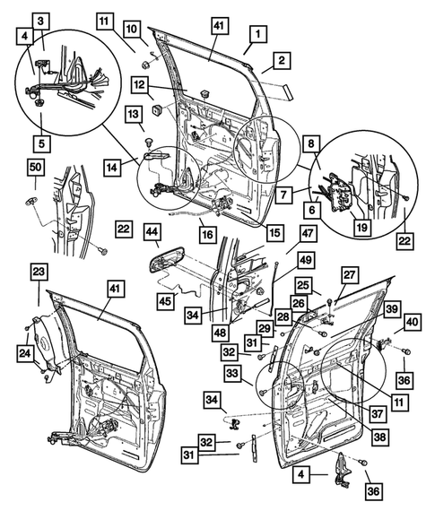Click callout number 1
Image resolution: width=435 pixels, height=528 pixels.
pyautogui.click(x=257, y=35)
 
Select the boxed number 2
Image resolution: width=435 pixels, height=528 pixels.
pyautogui.click(x=281, y=61)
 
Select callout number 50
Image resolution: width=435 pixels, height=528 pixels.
pyautogui.click(x=35, y=169)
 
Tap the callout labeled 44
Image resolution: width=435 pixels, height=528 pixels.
pyautogui.click(x=152, y=235)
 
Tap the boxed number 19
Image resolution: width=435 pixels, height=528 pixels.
pyautogui.click(x=361, y=229)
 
